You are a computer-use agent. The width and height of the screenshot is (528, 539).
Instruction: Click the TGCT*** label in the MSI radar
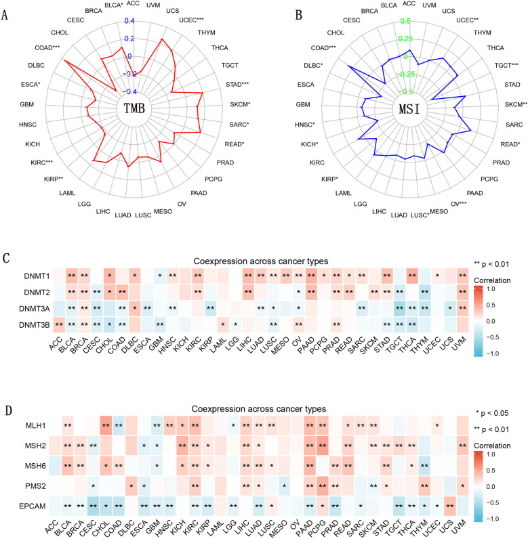pyautogui.click(x=504, y=65)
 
